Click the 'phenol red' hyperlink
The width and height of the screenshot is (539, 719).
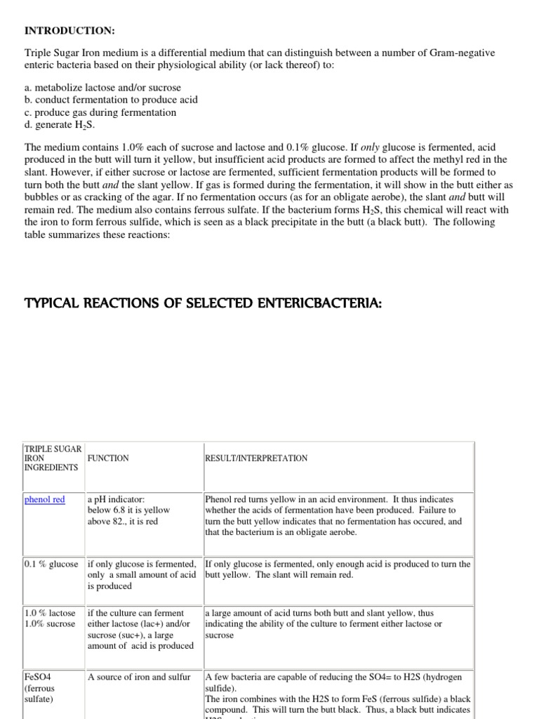[44, 499]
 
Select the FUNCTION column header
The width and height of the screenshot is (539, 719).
[108, 458]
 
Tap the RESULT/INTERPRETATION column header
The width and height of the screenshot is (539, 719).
[256, 458]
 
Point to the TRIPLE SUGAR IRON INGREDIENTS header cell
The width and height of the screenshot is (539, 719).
[53, 457]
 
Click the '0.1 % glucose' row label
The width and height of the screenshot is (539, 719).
[51, 564]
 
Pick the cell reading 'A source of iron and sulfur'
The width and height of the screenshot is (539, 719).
[139, 677]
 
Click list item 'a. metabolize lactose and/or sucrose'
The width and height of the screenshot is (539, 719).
[102, 88]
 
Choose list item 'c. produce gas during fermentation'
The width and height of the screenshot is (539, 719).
[100, 112]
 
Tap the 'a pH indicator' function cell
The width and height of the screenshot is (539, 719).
[116, 499]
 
